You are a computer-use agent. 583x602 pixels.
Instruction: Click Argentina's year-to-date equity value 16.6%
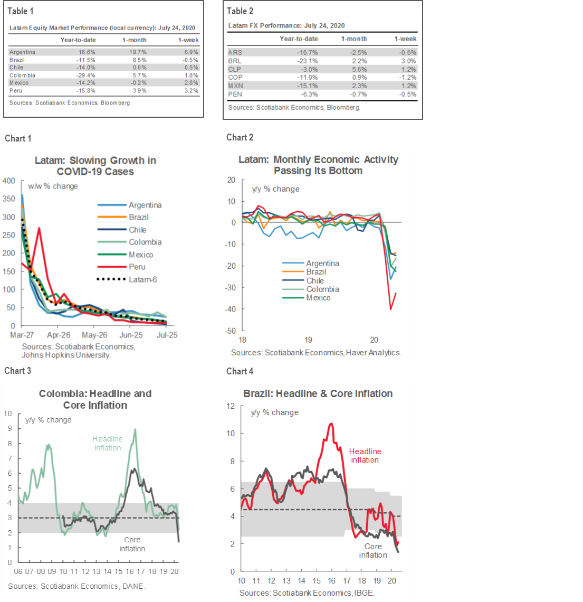click(x=87, y=52)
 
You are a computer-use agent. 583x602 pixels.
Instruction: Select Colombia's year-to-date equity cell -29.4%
click(x=86, y=75)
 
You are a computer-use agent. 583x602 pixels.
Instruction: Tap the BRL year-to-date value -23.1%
click(x=307, y=61)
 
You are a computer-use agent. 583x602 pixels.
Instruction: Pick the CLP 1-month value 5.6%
click(x=358, y=69)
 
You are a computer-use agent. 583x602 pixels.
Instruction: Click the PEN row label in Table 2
click(x=235, y=94)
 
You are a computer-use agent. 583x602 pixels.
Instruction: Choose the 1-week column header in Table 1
click(x=188, y=40)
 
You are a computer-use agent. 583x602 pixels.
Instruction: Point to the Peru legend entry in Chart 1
click(x=137, y=267)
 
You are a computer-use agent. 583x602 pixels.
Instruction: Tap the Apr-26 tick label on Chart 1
click(x=59, y=335)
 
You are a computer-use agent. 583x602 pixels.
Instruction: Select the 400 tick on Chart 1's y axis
click(x=9, y=181)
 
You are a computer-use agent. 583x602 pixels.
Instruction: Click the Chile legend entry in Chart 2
click(x=315, y=280)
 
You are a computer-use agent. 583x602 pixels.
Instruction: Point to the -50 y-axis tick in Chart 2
click(x=231, y=331)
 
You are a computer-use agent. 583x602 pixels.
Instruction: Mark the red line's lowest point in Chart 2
click(x=391, y=309)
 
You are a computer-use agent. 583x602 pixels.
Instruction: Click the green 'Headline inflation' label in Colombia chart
click(x=108, y=443)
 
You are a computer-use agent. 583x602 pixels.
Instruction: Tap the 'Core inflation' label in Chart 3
click(x=132, y=544)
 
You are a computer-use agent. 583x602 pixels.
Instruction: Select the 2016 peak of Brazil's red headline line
click(x=331, y=424)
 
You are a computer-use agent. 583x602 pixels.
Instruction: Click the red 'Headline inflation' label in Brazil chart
click(x=365, y=455)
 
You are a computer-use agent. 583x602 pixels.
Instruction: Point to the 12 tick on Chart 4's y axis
click(x=231, y=406)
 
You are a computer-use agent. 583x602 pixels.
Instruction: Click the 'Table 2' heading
click(x=240, y=11)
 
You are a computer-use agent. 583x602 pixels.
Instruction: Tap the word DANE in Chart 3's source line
click(x=133, y=586)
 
